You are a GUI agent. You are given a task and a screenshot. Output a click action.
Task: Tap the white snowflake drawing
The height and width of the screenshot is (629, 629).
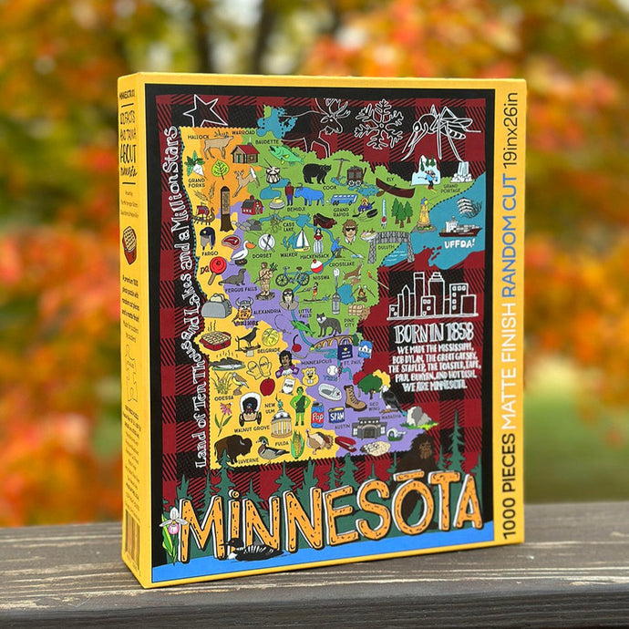pyautogui.click(x=378, y=122)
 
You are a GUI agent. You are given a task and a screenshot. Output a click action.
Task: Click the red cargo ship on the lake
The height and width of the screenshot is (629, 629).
pyautogui.click(x=458, y=228)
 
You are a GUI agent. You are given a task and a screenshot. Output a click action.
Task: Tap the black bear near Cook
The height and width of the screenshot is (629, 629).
pyautogui.click(x=316, y=171)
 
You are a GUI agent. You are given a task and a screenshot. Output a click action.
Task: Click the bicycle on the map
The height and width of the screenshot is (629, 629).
pyautogui.click(x=292, y=275)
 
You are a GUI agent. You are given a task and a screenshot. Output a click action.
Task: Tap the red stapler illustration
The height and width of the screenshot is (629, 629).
pyautogui.click(x=346, y=444)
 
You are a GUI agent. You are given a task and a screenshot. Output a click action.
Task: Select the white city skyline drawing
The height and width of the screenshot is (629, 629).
pyautogui.click(x=431, y=294)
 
